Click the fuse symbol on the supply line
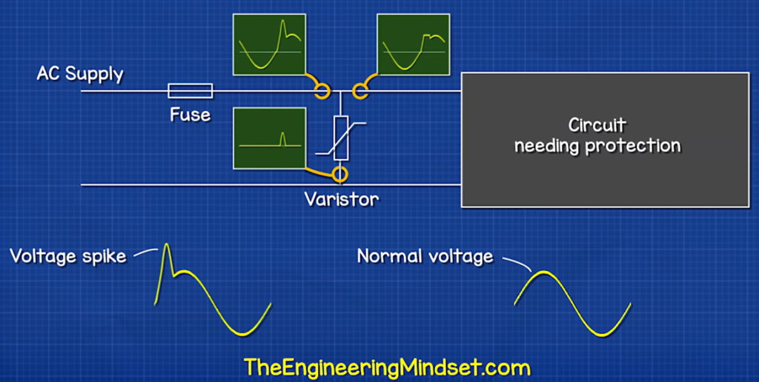tap(190, 91)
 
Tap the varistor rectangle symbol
tap(341, 138)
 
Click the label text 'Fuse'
tap(190, 115)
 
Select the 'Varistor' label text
tap(342, 199)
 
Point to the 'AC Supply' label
tap(80, 74)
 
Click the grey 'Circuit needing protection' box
tap(605, 140)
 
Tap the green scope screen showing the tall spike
tap(269, 44)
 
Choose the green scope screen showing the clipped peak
tap(414, 44)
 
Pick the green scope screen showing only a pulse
tap(269, 138)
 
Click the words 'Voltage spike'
tap(68, 255)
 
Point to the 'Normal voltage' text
tap(425, 256)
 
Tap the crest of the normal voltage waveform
tap(543, 272)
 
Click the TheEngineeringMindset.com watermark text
tap(387, 367)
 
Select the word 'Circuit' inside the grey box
tap(597, 125)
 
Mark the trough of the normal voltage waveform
tap(602, 335)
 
